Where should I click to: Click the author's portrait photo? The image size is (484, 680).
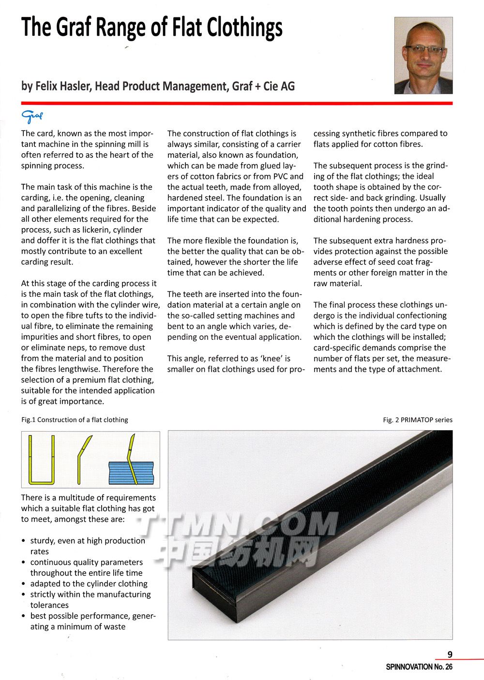click(x=423, y=56)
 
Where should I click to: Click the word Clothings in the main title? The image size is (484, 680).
click(x=245, y=28)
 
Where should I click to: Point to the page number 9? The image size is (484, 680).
click(x=450, y=654)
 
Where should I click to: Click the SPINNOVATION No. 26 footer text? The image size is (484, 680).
click(x=419, y=667)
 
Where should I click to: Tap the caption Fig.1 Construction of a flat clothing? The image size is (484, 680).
click(x=75, y=420)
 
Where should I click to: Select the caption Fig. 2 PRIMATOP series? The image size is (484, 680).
click(x=418, y=420)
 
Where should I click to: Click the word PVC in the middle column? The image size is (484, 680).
click(x=280, y=176)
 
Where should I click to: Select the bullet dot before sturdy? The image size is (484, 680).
click(x=24, y=541)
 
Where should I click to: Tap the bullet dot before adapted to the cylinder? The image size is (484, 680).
click(x=24, y=584)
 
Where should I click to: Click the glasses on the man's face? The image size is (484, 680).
click(x=424, y=49)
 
